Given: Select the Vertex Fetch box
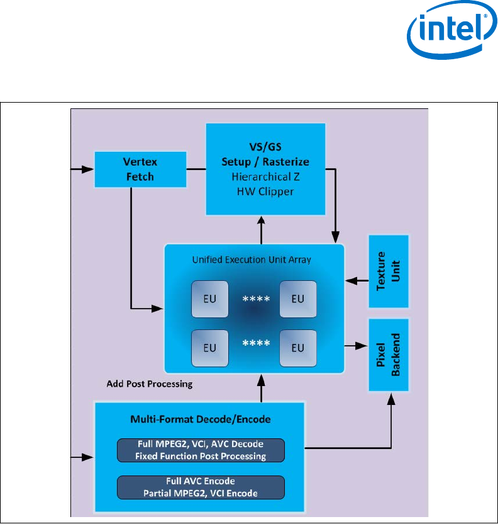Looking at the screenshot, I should (x=140, y=169).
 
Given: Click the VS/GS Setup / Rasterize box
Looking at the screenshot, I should (x=266, y=169).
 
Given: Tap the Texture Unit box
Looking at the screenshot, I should (x=388, y=271).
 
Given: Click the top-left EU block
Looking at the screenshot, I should (x=210, y=299).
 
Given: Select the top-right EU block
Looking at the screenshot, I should (x=297, y=299).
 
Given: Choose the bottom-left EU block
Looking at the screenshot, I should (x=210, y=348).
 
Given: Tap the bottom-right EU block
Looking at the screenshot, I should (x=297, y=348).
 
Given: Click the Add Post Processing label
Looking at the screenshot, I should (x=150, y=384).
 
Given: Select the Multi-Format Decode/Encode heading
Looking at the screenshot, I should (x=199, y=418).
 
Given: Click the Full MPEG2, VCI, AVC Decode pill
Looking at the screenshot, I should (x=201, y=450).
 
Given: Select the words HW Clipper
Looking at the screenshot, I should (x=266, y=191).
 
